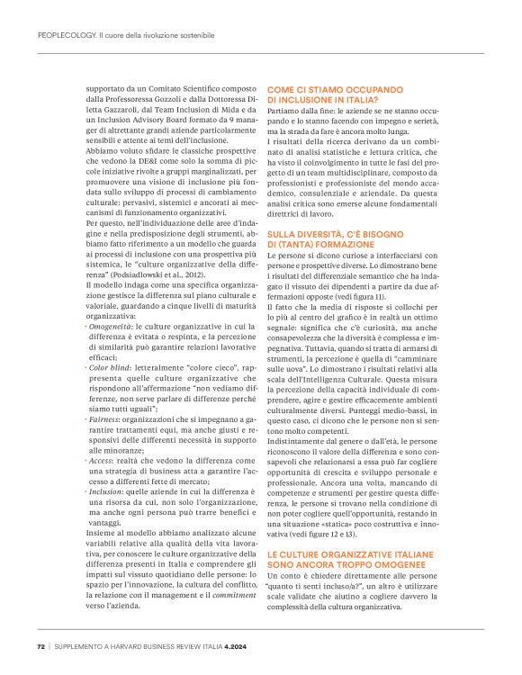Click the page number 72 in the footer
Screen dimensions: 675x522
click(x=40, y=645)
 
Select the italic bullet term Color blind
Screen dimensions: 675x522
click(x=111, y=368)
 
